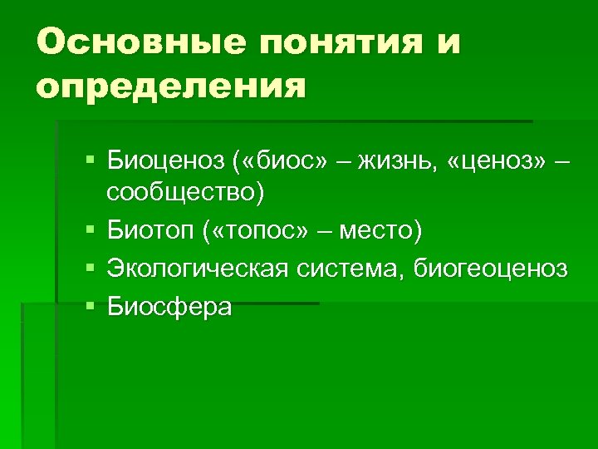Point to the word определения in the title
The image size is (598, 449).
point(171,85)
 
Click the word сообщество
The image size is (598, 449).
point(181,192)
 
